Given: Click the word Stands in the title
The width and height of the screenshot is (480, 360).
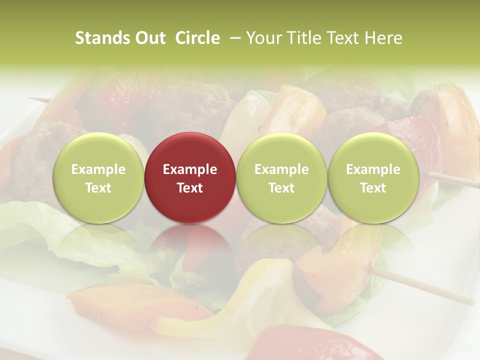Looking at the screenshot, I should pyautogui.click(x=99, y=38).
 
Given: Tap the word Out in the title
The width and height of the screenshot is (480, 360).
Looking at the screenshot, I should pyautogui.click(x=149, y=38).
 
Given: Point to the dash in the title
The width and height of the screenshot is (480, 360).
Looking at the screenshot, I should pyautogui.click(x=233, y=38).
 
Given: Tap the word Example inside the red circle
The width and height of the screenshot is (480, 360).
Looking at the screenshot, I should pyautogui.click(x=190, y=169).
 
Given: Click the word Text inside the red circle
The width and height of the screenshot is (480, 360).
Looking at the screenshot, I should pyautogui.click(x=190, y=188).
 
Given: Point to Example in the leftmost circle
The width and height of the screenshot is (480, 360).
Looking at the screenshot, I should pyautogui.click(x=98, y=169).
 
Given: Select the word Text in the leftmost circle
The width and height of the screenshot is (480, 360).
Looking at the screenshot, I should pyautogui.click(x=98, y=188).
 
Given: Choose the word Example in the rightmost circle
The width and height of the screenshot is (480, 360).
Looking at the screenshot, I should pyautogui.click(x=373, y=169).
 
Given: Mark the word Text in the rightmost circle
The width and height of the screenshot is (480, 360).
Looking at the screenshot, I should pyautogui.click(x=373, y=188).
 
